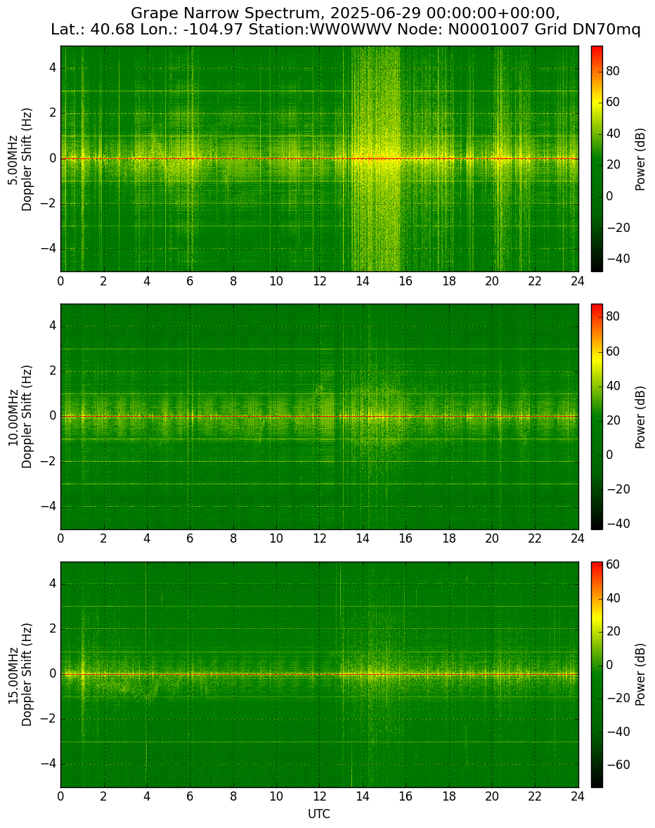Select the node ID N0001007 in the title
point(488,30)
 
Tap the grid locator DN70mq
point(607,30)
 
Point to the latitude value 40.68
point(109,30)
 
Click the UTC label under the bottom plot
point(319,814)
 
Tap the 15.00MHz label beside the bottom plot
point(12,675)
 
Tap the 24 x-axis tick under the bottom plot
point(578,797)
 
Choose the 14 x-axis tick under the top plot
point(363,281)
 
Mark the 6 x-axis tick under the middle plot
point(190,539)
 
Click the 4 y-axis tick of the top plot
point(53,69)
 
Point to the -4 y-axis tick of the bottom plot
point(49,764)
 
